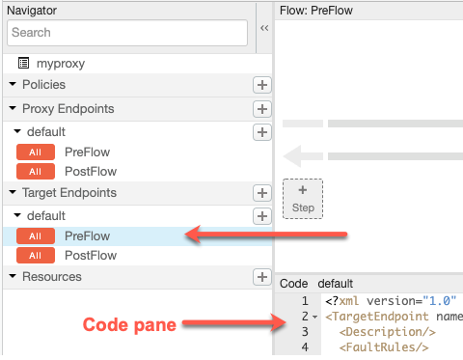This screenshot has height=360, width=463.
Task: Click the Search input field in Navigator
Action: click(x=127, y=33)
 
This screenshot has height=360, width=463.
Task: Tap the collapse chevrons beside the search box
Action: click(x=264, y=28)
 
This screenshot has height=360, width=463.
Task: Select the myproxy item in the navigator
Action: click(x=61, y=64)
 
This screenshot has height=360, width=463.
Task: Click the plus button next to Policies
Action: click(x=262, y=85)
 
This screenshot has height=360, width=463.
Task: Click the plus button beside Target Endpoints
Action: click(x=262, y=193)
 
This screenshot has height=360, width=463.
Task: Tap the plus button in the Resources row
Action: click(x=262, y=277)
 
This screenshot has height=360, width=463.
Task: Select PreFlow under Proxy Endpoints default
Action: click(x=87, y=152)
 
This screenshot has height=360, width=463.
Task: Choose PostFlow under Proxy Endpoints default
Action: click(x=91, y=172)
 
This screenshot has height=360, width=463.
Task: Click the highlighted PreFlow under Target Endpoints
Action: click(x=87, y=236)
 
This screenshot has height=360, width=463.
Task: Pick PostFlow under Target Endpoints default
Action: click(x=91, y=256)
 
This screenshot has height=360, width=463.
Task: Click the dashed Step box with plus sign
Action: click(x=303, y=199)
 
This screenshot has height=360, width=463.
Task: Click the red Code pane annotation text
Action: click(x=129, y=324)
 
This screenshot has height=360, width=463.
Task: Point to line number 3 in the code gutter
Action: click(x=305, y=332)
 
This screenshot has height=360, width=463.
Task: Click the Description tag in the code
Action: click(x=388, y=332)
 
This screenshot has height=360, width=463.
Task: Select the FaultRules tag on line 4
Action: click(x=384, y=347)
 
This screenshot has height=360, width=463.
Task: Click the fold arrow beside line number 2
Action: click(x=315, y=317)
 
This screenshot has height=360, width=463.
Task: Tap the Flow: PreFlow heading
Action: click(x=316, y=11)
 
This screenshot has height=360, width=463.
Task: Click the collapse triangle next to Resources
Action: click(x=13, y=276)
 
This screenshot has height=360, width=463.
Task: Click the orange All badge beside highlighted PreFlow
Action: click(x=36, y=236)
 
